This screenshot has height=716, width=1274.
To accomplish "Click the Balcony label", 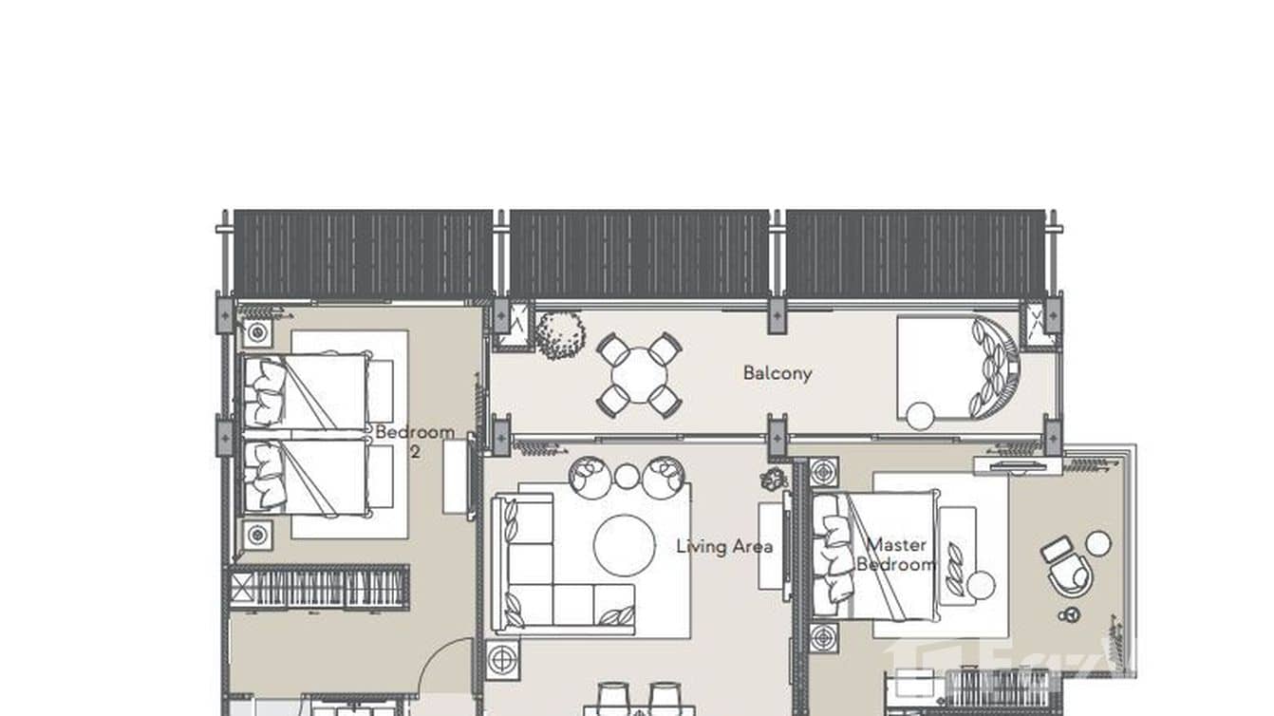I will click(x=778, y=373).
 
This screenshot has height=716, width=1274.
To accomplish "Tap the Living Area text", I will click(x=723, y=546).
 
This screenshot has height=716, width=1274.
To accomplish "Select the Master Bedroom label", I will click(x=896, y=555).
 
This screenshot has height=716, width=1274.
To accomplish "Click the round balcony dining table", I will click(x=638, y=373).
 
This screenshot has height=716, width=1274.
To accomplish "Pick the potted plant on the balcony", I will click(x=559, y=334).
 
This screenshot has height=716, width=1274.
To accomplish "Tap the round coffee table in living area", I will click(x=624, y=545).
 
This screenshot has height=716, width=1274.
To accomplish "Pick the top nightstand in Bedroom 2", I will click(x=257, y=333).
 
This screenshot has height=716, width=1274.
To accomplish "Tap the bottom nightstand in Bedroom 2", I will click(x=257, y=536).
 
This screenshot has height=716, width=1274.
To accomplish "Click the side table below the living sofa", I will click(x=502, y=657).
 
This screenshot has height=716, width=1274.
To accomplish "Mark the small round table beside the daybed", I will click(x=920, y=415).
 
